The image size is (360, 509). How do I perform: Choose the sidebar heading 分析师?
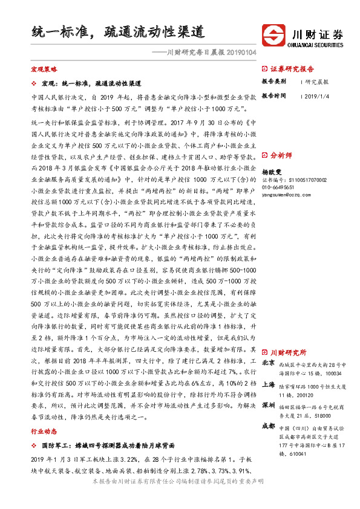[x=281, y=155]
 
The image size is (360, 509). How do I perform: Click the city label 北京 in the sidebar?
[x=268, y=363]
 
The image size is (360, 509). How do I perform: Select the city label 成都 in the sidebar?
[x=268, y=426]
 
